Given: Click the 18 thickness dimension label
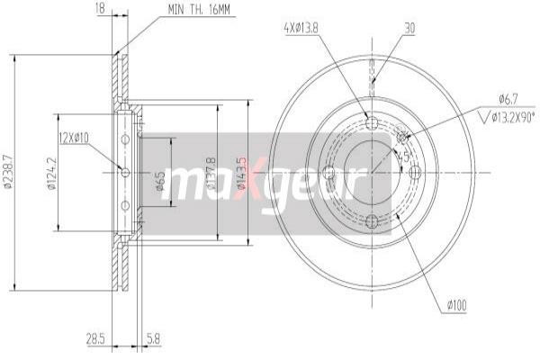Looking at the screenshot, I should pos(100,9).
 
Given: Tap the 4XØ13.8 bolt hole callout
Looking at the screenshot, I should pos(300,27).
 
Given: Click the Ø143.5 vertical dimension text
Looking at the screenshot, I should pos(240,173).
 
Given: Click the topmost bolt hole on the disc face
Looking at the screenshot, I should pos(373,123).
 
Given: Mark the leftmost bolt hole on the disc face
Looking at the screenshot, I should pos(328,172).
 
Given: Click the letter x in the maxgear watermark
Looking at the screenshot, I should pos(241,180).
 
